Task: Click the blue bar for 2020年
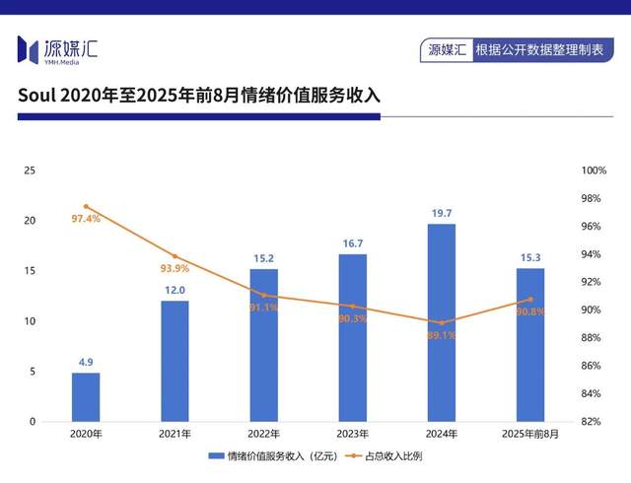pyautogui.click(x=86, y=397)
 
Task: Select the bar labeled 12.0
pyautogui.click(x=175, y=361)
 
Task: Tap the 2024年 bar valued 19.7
pyautogui.click(x=442, y=322)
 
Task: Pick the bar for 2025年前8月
pyautogui.click(x=530, y=345)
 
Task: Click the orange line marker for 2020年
pyautogui.click(x=86, y=206)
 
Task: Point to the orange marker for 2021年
pyautogui.click(x=175, y=256)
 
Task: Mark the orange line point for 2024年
pyautogui.click(x=442, y=322)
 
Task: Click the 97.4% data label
pyautogui.click(x=86, y=219)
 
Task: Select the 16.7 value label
pyautogui.click(x=352, y=242)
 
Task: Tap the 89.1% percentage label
pyautogui.click(x=441, y=335)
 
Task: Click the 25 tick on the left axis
pyautogui.click(x=30, y=171)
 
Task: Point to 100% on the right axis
pyautogui.click(x=594, y=171)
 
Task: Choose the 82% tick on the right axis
pyautogui.click(x=594, y=422)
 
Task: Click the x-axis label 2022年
pyautogui.click(x=263, y=435)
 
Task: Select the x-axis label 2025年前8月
pyautogui.click(x=530, y=435)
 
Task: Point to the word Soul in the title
pyautogui.click(x=36, y=96)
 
